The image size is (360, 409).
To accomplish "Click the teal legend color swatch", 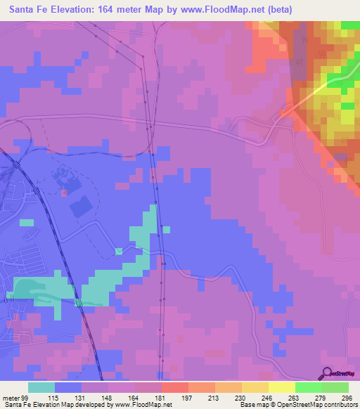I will click(41, 387).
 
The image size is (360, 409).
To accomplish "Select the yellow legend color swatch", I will click(281, 387).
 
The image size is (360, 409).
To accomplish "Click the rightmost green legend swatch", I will click(335, 387).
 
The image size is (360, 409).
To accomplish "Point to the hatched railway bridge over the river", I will click(79, 302).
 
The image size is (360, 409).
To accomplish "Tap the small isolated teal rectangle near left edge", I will click(26, 222).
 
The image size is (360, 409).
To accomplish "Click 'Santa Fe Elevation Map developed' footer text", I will click(53, 405).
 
